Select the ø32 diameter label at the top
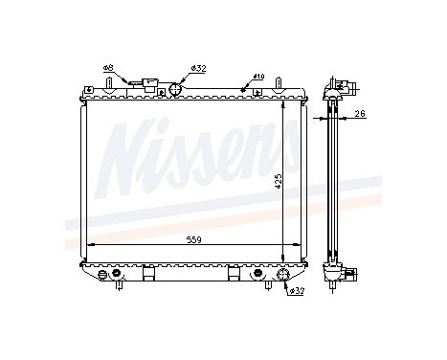(x=198, y=68)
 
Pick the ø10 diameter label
(x=258, y=75)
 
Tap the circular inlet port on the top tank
(x=175, y=90)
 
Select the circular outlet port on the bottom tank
(x=283, y=277)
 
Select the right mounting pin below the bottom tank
(x=265, y=284)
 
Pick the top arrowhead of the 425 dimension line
(x=283, y=99)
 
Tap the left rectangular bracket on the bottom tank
(x=147, y=274)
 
